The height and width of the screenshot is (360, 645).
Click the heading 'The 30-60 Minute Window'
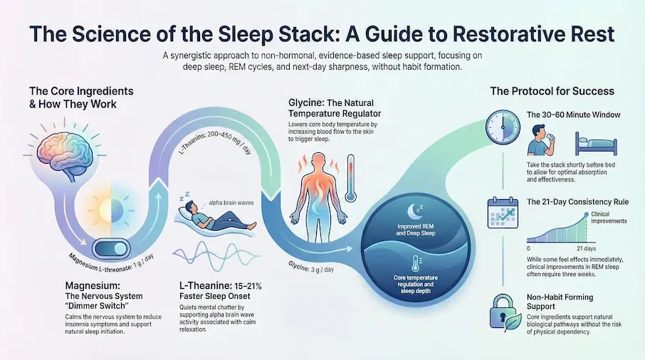point(572,115)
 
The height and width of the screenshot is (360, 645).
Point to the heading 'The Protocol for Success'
point(552,91)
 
